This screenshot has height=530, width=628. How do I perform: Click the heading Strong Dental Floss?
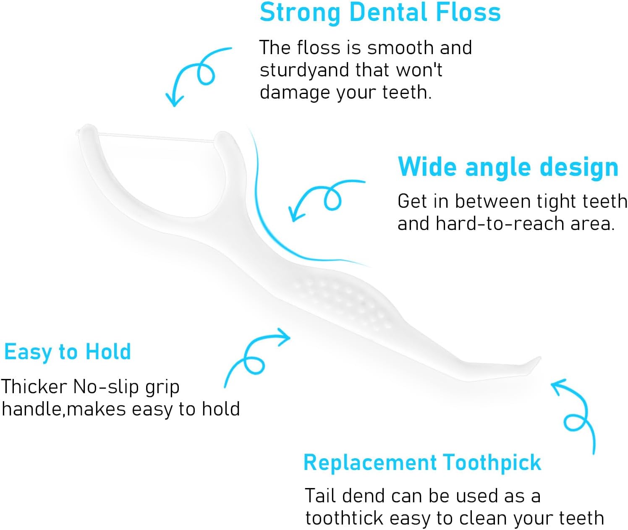(380, 13)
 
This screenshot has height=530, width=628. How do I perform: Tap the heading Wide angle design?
(508, 167)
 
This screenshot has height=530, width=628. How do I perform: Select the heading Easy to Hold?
(68, 352)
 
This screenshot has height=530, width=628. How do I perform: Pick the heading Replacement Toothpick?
(422, 463)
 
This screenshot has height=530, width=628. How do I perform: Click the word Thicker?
(34, 387)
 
